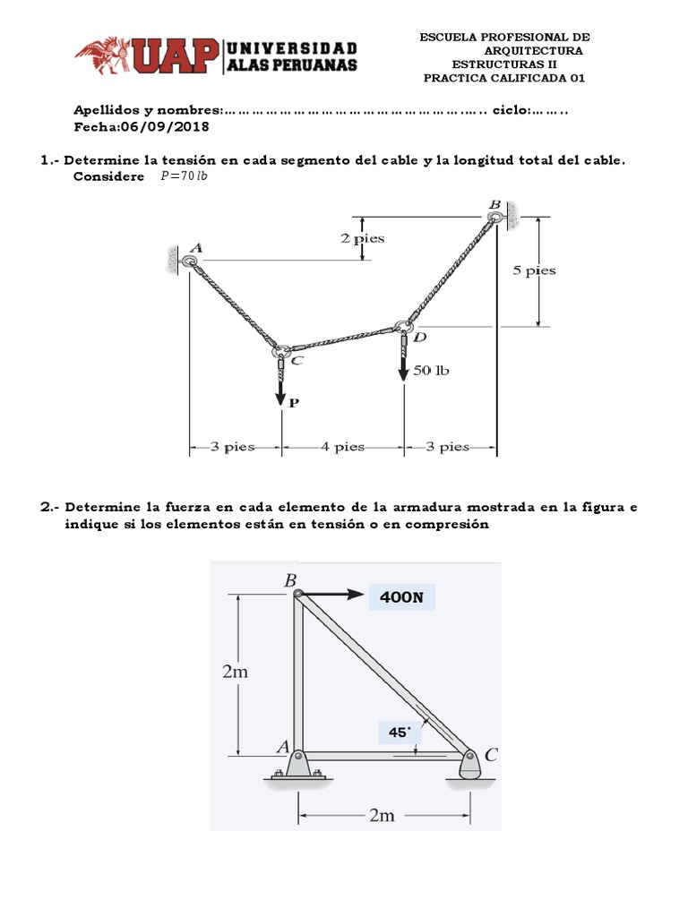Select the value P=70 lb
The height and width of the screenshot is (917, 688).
(183, 176)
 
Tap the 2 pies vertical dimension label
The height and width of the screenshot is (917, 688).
(362, 238)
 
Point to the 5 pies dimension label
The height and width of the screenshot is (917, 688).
(534, 270)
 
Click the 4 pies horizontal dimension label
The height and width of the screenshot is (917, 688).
(342, 447)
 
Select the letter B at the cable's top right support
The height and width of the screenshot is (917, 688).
(494, 205)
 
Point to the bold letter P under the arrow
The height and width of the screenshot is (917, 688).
(292, 403)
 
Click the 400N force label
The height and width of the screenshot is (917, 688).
(400, 596)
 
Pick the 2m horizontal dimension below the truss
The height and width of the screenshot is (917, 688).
(382, 815)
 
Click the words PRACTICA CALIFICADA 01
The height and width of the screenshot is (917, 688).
(503, 77)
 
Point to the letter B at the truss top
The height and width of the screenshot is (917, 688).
(289, 580)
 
